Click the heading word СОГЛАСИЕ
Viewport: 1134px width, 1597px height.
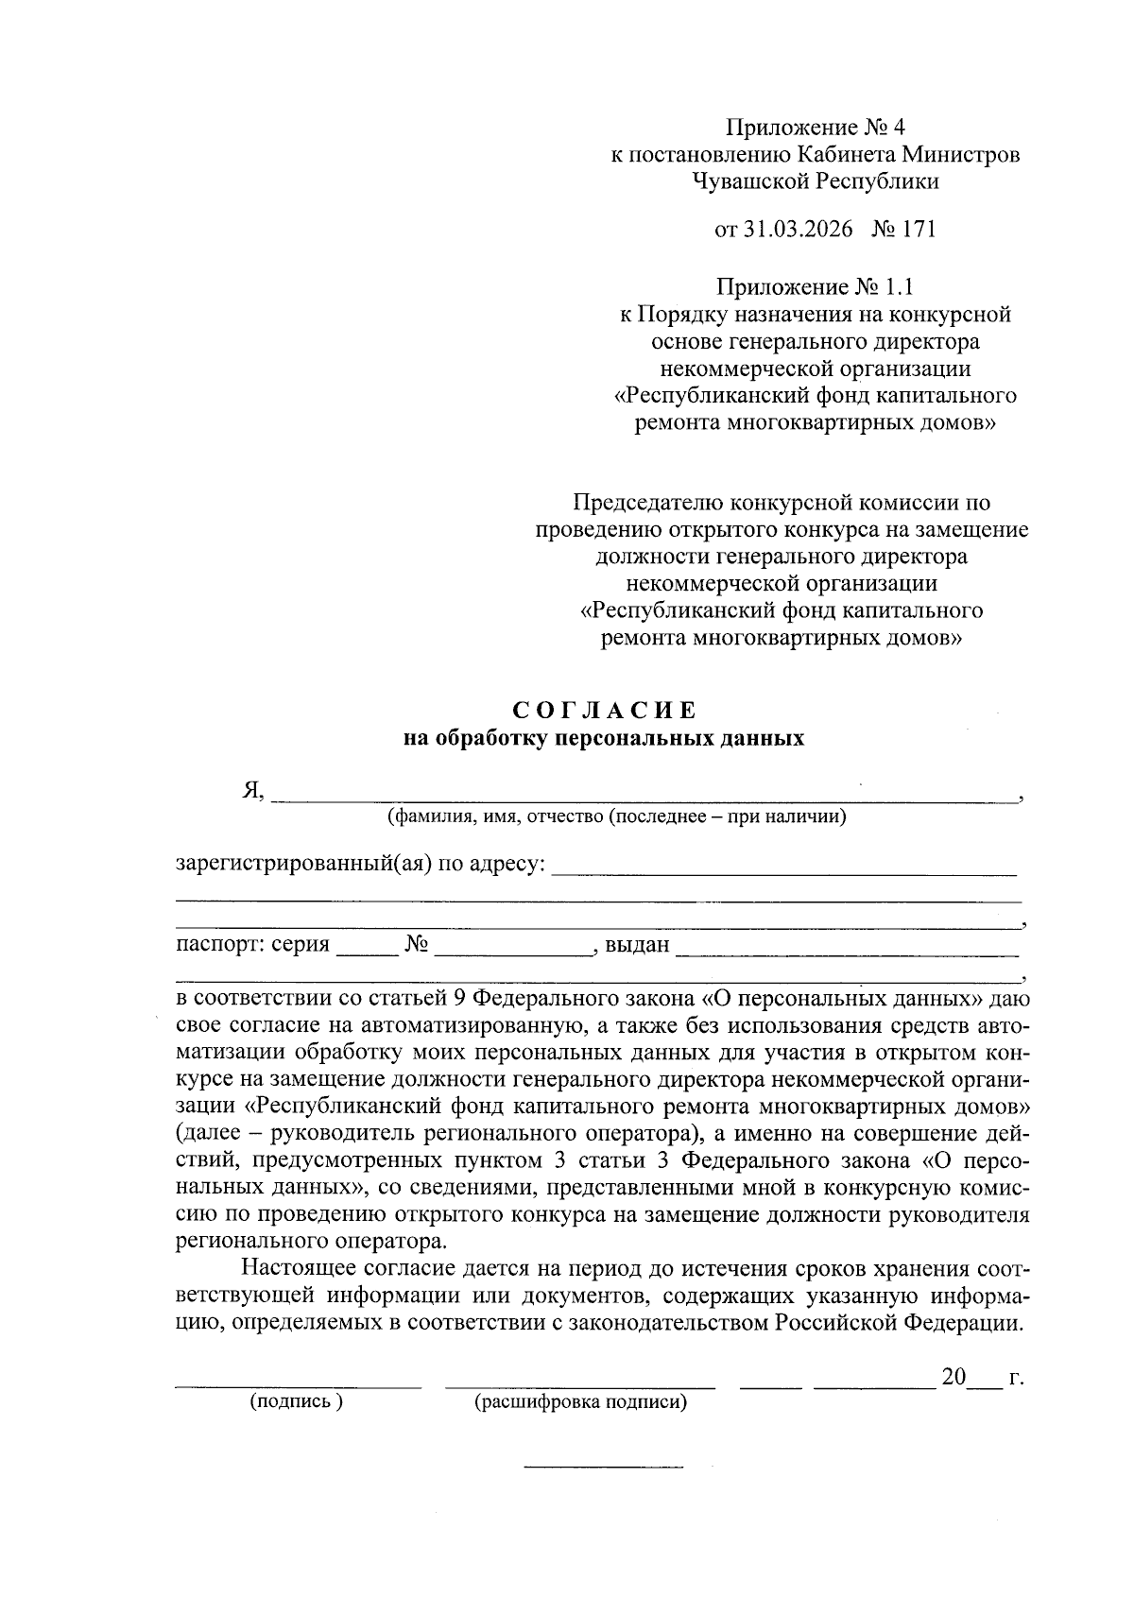coord(604,711)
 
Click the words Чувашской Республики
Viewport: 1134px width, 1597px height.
coord(815,180)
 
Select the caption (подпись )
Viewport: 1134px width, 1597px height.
coord(296,1401)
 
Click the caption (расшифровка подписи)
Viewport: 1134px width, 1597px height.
coord(579,1402)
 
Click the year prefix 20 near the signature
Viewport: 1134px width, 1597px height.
coord(953,1377)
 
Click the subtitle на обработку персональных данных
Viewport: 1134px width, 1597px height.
coord(604,738)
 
